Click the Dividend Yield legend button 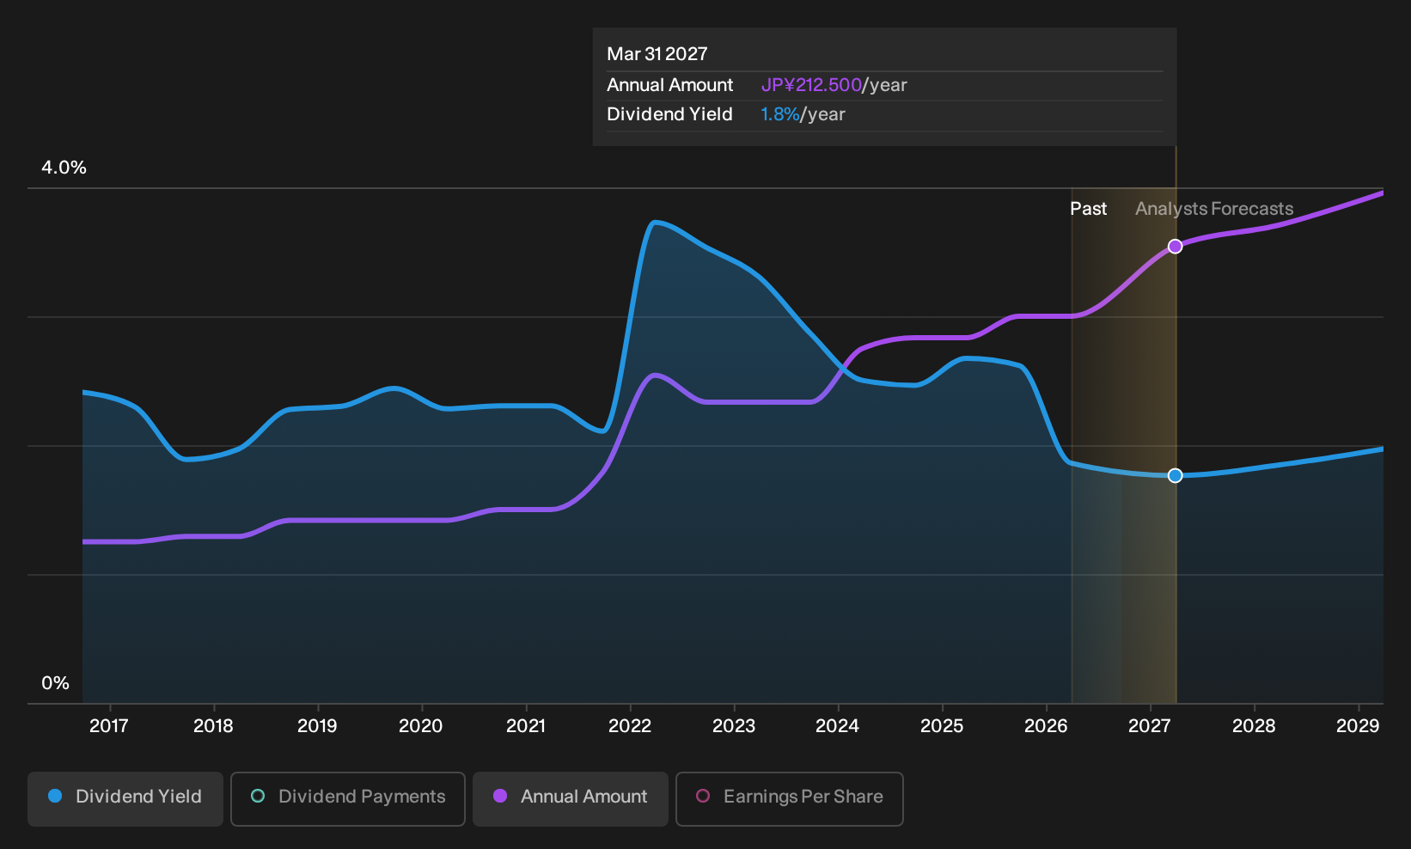coord(125,798)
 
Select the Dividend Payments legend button coord(348,798)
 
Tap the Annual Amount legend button coord(570,798)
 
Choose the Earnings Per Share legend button coord(789,798)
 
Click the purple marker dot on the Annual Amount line coord(1175,247)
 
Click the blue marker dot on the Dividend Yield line coord(1175,475)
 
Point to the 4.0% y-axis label coord(64,168)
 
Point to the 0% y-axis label coord(56,683)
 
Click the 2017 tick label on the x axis coord(109,726)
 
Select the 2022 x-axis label coord(630,726)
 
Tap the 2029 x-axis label coord(1358,726)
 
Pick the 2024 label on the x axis coord(838,726)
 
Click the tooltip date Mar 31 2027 coord(657,54)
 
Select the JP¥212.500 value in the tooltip coord(811,85)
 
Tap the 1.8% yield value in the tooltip coord(779,114)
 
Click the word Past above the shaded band coord(1089,209)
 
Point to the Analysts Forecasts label coord(1214,209)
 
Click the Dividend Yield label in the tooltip coord(669,114)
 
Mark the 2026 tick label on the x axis coord(1047,726)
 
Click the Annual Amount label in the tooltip coord(669,85)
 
